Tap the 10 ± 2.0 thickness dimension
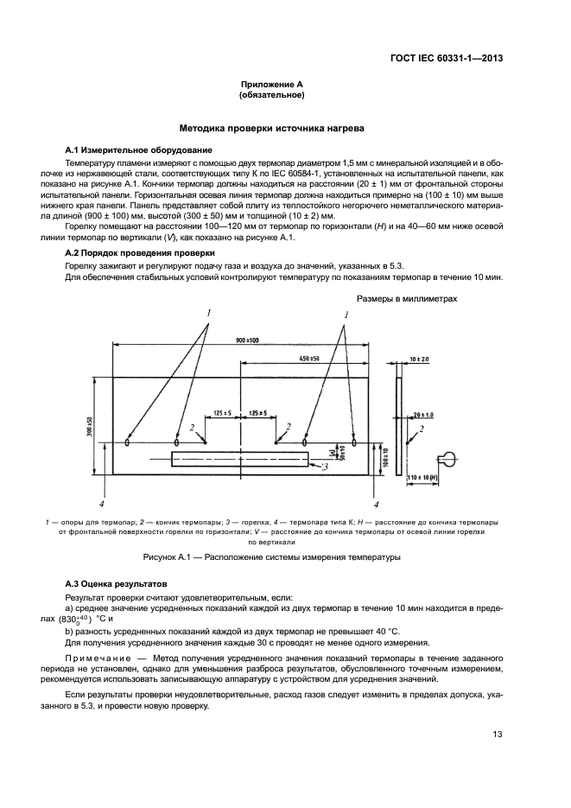coord(420,358)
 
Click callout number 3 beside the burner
coord(324,468)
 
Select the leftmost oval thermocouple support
coord(129,442)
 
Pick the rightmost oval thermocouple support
coord(354,442)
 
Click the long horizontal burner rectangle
coord(239,459)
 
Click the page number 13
coord(498,735)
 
